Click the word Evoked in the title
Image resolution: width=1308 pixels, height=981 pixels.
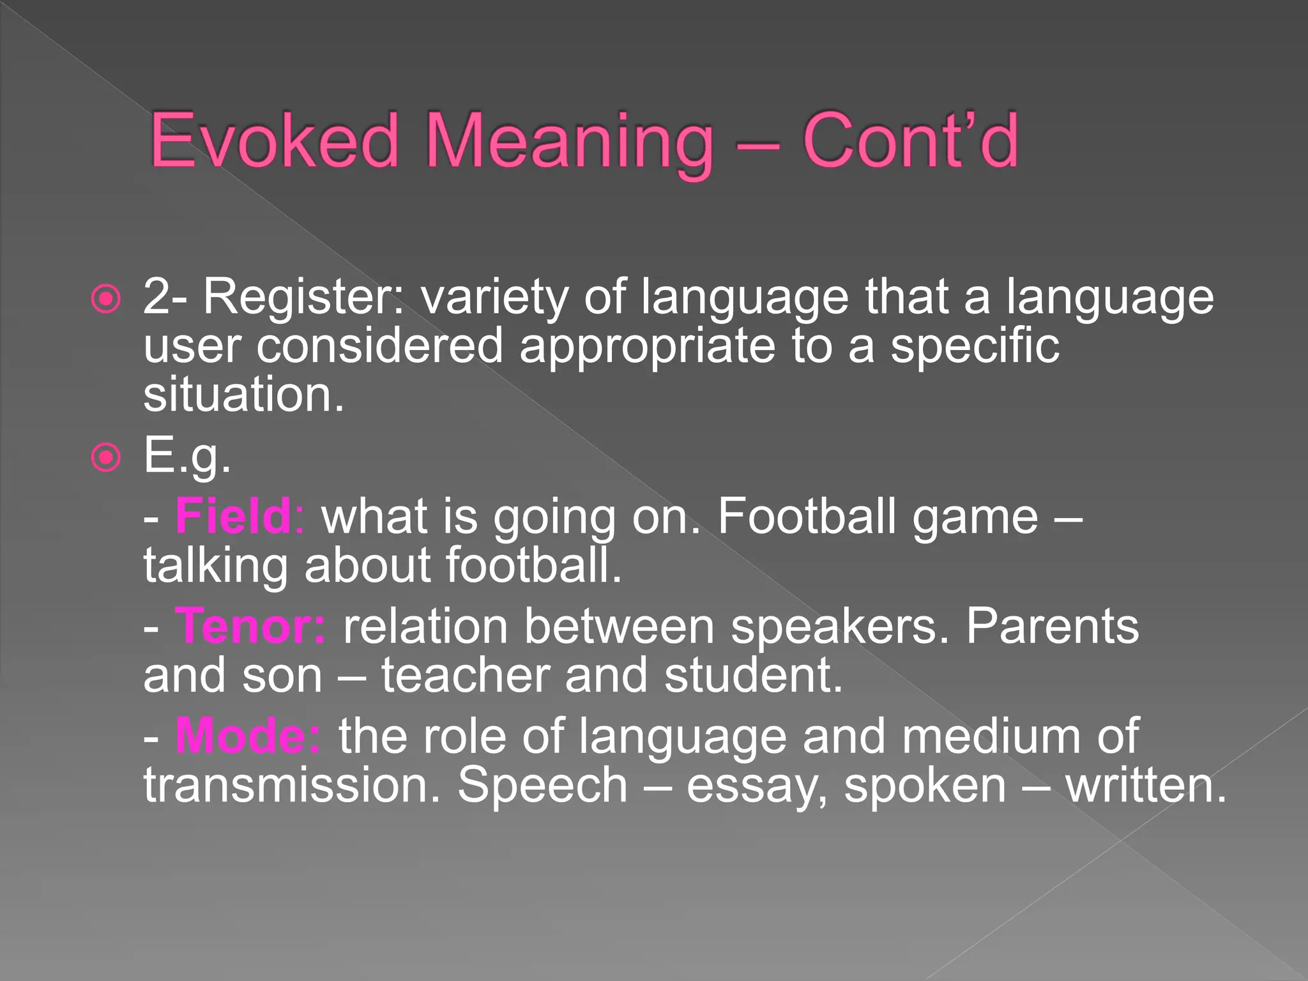pyautogui.click(x=275, y=141)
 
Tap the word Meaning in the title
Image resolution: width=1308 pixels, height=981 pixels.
pyautogui.click(x=568, y=144)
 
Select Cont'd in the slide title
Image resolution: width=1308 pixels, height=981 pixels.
pyautogui.click(x=910, y=141)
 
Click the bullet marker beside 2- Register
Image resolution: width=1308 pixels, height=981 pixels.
pyautogui.click(x=105, y=299)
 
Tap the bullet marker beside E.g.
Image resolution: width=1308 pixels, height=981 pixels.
pyautogui.click(x=105, y=457)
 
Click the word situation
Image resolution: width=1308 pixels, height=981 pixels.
pyautogui.click(x=243, y=395)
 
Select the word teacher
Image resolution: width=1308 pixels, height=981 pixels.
pyautogui.click(x=466, y=676)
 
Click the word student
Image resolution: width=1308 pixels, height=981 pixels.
pyautogui.click(x=753, y=676)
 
